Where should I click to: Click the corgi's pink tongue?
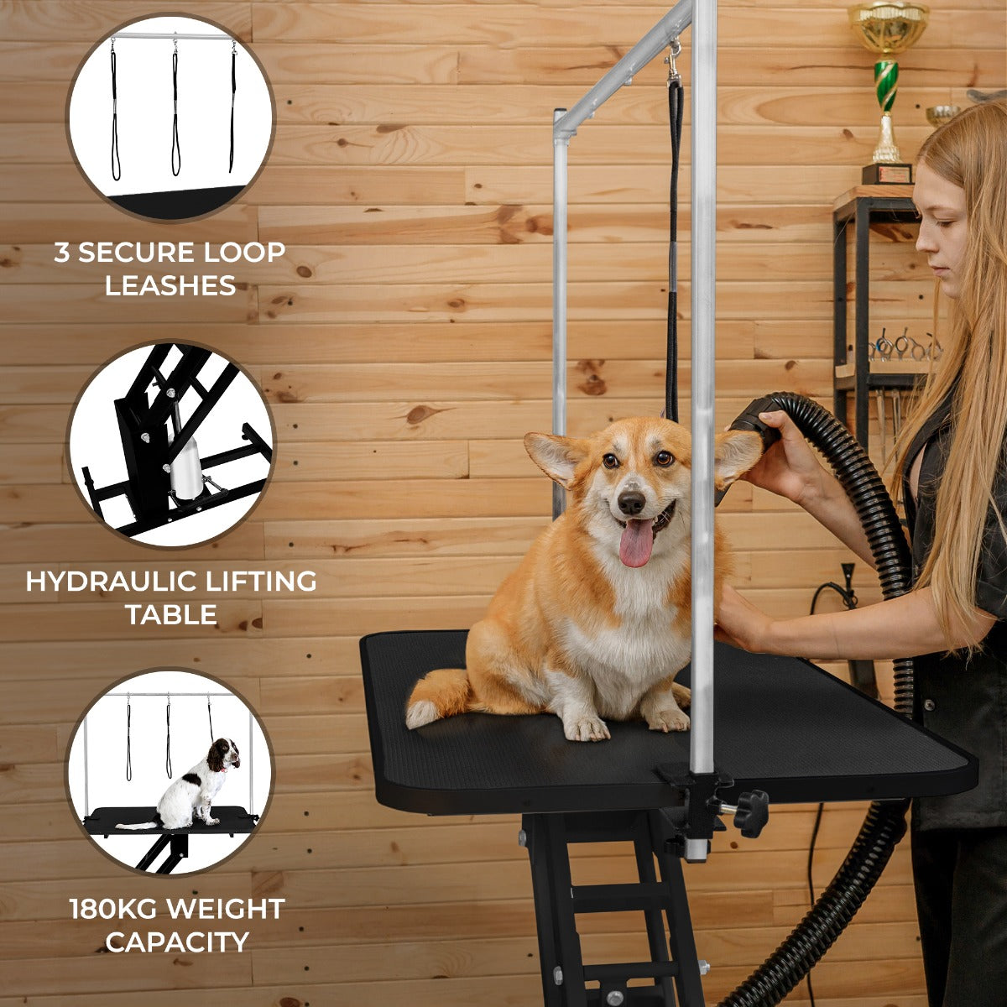click(636, 541)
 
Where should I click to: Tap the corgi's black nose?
click(631, 502)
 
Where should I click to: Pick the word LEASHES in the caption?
click(170, 285)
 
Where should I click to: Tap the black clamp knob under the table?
click(752, 812)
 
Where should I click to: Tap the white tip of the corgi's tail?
click(420, 714)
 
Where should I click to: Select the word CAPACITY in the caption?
click(177, 942)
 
